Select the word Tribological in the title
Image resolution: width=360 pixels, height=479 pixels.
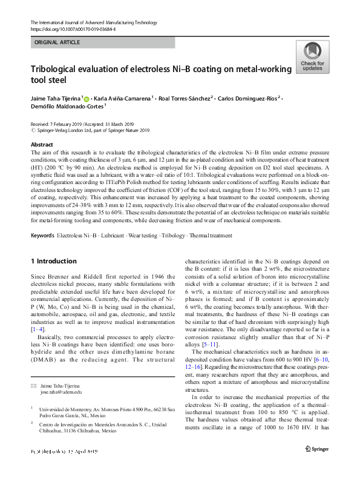(56, 70)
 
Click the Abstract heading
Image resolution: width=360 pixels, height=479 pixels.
(42, 145)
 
